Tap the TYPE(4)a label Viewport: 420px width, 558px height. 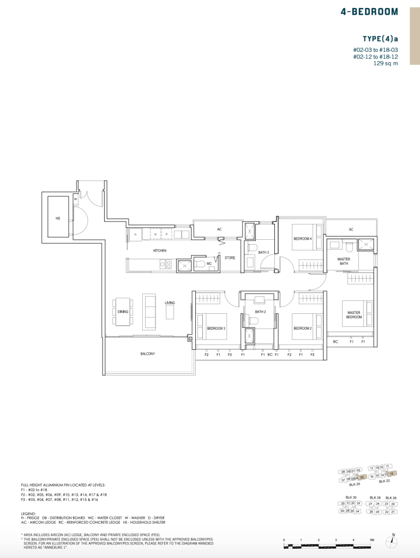[x=380, y=39]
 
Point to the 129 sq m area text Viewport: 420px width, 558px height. [x=386, y=63]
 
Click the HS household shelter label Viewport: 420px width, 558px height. [x=58, y=218]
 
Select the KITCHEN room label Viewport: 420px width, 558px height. [x=159, y=251]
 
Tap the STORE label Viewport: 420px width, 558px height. [x=230, y=258]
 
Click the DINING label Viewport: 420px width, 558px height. [x=123, y=312]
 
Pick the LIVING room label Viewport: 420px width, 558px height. [x=170, y=302]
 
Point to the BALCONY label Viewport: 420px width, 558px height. [x=147, y=354]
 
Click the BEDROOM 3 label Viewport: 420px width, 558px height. [x=216, y=328]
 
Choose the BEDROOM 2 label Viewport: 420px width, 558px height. [x=302, y=328]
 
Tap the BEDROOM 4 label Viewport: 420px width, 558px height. [x=302, y=239]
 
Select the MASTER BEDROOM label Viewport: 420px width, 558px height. [x=354, y=315]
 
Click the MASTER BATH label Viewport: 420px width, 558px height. [x=344, y=262]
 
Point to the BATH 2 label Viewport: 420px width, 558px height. [x=260, y=312]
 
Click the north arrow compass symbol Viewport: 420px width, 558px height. [x=392, y=542]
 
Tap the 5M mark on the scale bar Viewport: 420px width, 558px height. [x=371, y=539]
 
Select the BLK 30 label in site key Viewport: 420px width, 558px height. [x=351, y=498]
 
